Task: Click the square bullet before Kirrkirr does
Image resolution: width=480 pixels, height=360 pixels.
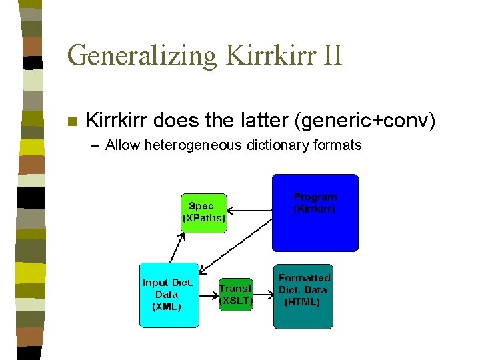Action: click(x=72, y=122)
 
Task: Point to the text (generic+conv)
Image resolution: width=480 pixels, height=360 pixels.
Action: click(x=359, y=121)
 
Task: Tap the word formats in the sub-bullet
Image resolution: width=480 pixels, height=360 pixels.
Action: click(x=337, y=145)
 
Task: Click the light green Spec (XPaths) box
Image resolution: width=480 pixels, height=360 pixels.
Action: click(x=203, y=213)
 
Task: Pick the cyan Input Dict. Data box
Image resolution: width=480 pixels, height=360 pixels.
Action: click(x=169, y=295)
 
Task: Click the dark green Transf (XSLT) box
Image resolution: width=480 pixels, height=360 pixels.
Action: click(x=236, y=295)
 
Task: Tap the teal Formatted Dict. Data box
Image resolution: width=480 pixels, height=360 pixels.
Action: click(x=303, y=295)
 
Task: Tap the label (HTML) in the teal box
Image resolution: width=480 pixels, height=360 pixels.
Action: click(x=302, y=302)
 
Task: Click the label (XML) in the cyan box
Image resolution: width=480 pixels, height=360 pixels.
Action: click(x=166, y=307)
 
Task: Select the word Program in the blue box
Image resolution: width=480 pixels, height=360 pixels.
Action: click(x=315, y=197)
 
